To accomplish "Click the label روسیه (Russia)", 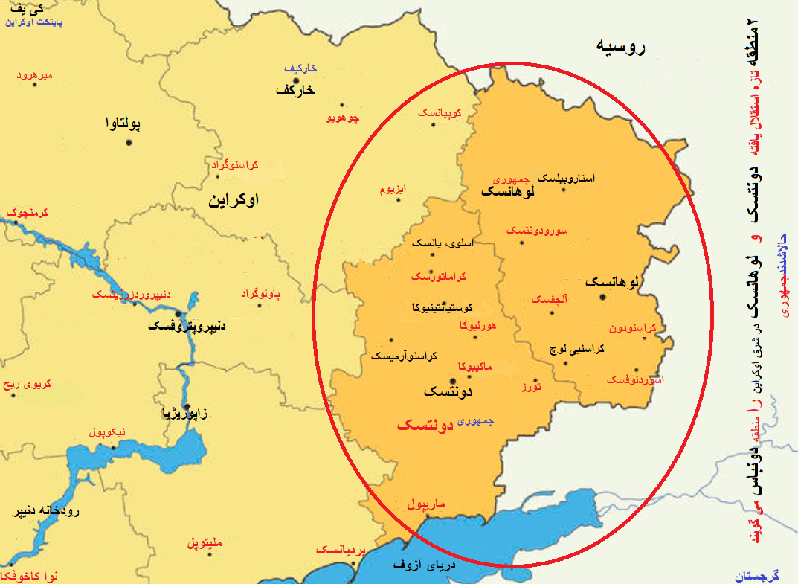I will [620, 47].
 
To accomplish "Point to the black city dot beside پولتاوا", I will [129, 141].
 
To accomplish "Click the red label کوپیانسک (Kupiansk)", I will [439, 112].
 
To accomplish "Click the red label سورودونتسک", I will [537, 231].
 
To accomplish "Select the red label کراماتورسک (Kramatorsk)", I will [440, 277].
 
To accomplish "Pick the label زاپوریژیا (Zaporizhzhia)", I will [185, 413].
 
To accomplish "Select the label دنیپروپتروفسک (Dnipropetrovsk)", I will [187, 326].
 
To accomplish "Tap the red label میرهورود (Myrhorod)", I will [35, 77].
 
